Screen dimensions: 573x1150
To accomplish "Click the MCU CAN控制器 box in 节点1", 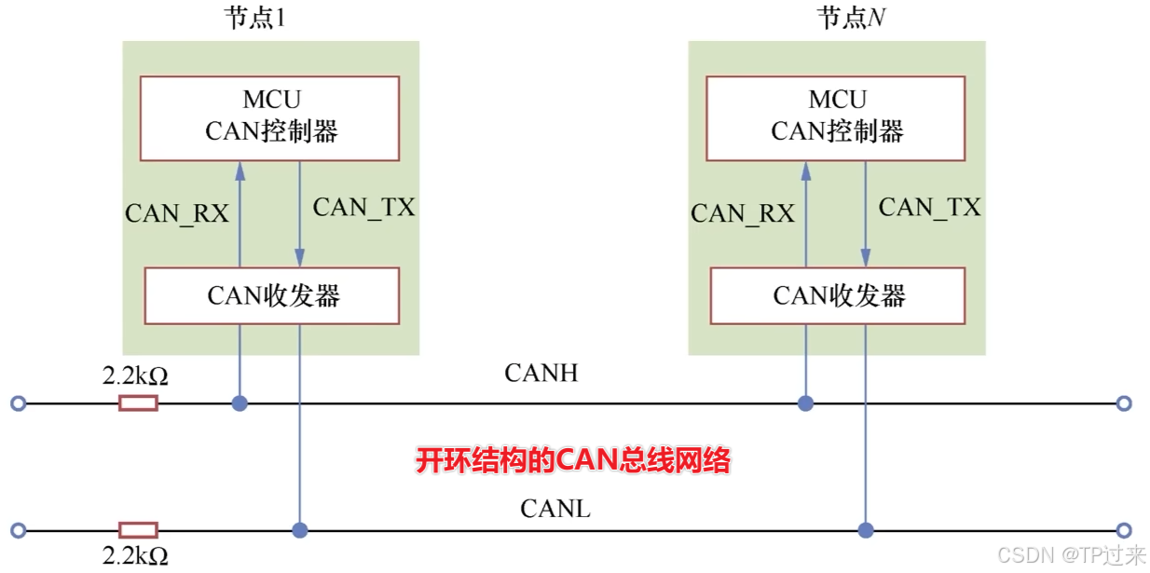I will coord(270,117).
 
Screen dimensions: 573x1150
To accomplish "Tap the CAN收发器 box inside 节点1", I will coord(272,295).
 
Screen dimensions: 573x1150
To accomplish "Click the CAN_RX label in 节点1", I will coord(177,213).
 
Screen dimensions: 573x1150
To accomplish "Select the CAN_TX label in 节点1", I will coord(363,208).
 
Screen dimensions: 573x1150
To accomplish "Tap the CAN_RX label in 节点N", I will coord(743,213).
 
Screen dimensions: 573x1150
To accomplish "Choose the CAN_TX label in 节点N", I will coord(929,208).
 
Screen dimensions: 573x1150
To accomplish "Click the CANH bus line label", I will coord(541,374).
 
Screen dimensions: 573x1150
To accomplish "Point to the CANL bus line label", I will coord(555,510).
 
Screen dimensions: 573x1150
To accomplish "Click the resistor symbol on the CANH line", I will coord(138,403).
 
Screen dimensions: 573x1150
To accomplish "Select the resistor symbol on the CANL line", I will coord(138,530).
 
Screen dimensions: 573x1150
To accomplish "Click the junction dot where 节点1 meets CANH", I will coord(240,403).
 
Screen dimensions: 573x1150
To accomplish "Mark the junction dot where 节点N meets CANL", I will coord(866,530).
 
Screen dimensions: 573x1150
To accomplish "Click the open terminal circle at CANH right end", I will coord(1124,403).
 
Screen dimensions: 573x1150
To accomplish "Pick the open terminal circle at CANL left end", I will coord(17,530).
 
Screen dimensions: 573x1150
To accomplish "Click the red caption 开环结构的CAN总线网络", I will coord(572,460).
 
